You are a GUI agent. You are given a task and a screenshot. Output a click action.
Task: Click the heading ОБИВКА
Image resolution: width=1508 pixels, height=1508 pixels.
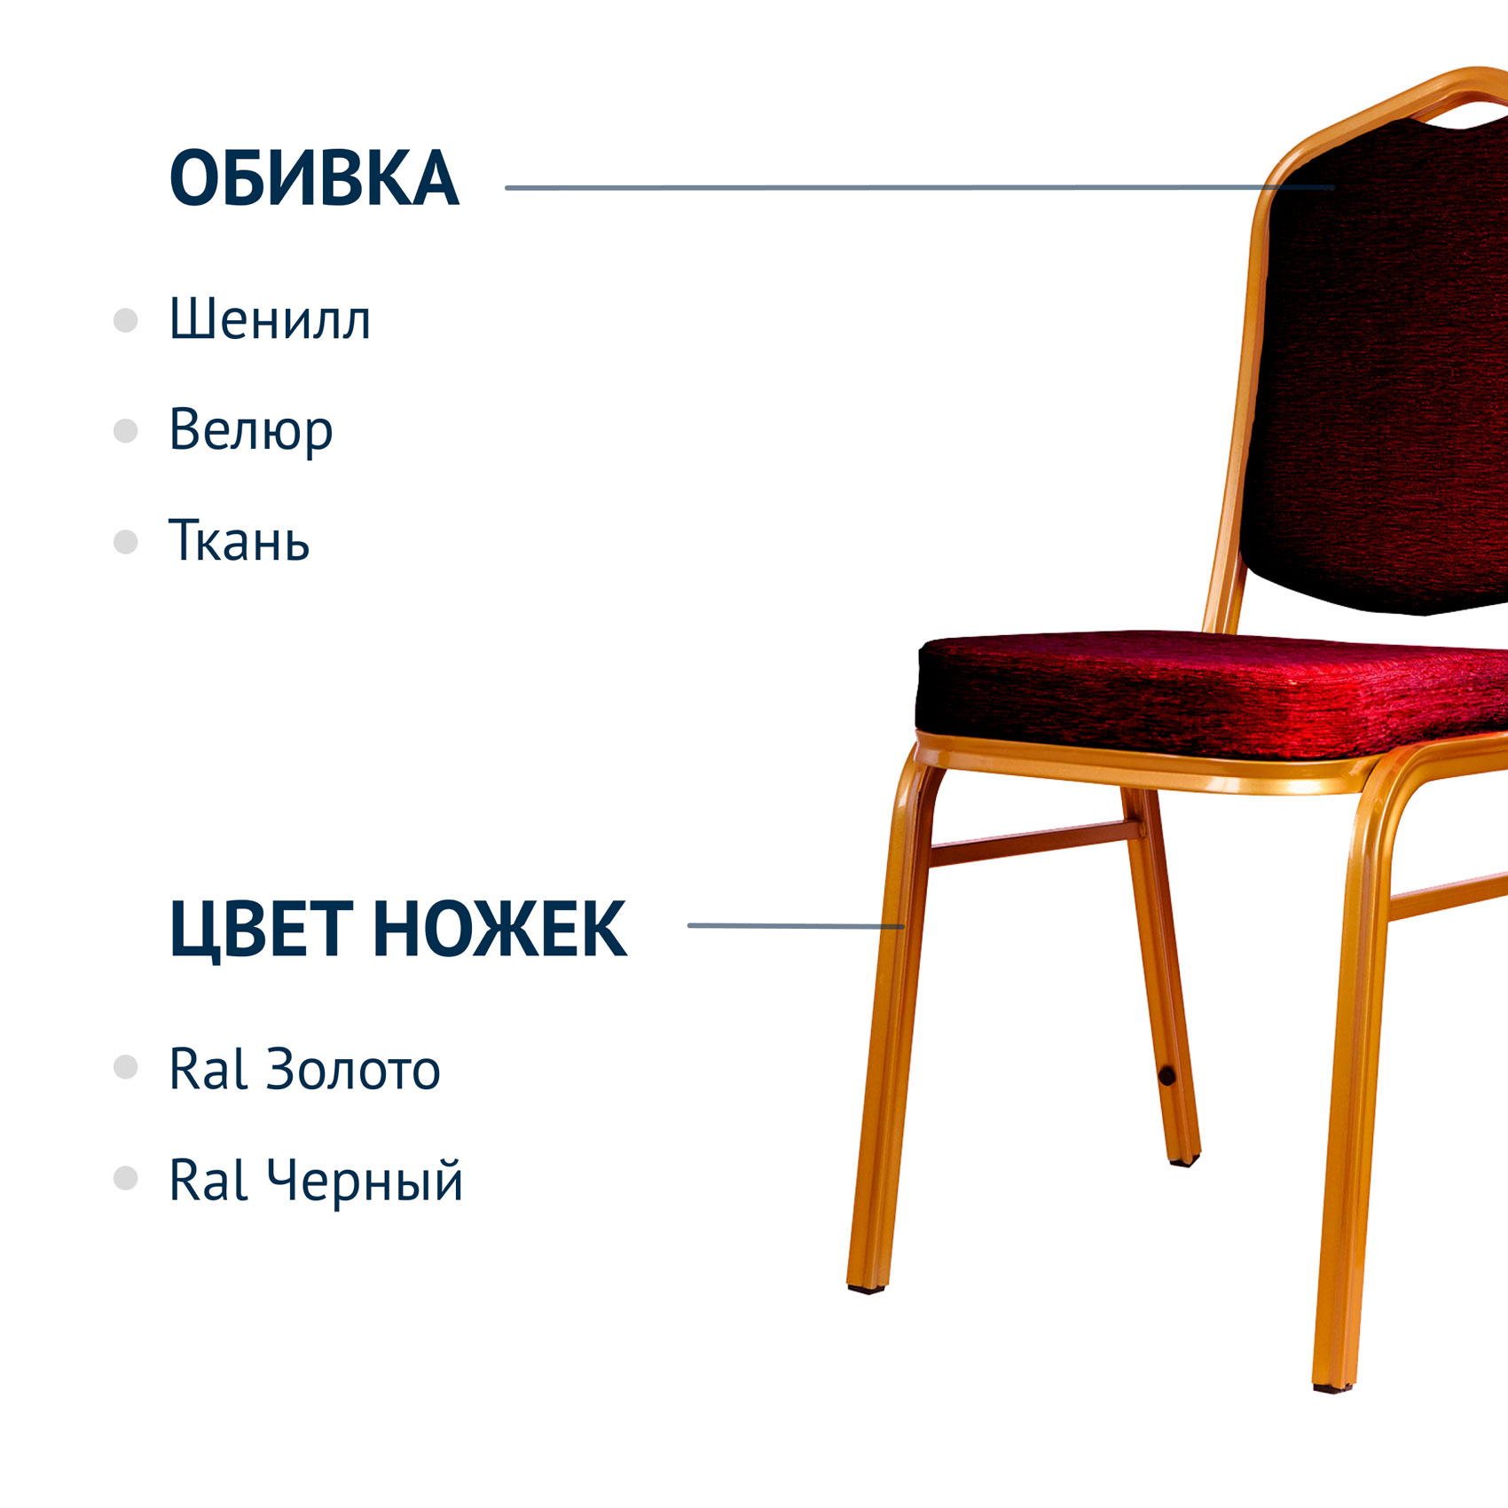click(314, 178)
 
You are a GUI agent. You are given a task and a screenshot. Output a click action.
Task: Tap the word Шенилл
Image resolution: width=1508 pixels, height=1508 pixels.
click(270, 319)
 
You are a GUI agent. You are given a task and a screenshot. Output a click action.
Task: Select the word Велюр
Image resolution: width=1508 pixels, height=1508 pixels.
click(251, 431)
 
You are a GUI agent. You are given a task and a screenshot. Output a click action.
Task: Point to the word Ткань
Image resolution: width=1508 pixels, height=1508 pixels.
click(239, 540)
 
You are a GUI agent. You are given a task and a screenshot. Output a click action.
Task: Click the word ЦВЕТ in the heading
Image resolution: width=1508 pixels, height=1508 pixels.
click(262, 930)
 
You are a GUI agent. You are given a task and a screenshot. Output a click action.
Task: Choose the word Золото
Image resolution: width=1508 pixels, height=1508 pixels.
click(353, 1069)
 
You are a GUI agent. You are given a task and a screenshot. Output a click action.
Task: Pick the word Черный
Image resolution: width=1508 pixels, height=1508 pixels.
click(365, 1181)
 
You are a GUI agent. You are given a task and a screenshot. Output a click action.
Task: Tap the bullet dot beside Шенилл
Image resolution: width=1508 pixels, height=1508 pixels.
click(126, 320)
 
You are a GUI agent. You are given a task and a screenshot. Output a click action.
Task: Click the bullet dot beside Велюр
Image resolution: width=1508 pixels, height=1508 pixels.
click(126, 431)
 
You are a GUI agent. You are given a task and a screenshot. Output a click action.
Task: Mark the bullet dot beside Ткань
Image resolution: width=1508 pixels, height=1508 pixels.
click(126, 542)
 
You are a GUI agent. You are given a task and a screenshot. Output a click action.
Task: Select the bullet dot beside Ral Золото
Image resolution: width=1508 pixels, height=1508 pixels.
click(126, 1067)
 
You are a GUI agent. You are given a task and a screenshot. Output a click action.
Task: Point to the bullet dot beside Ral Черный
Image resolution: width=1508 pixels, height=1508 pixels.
click(126, 1178)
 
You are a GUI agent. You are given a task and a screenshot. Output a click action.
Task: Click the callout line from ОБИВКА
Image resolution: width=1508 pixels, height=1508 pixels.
click(920, 187)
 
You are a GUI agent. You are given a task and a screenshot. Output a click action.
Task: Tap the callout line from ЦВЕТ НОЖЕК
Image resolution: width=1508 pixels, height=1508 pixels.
click(796, 926)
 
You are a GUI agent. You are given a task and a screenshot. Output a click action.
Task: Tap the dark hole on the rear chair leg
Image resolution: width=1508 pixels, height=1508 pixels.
click(1166, 1076)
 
